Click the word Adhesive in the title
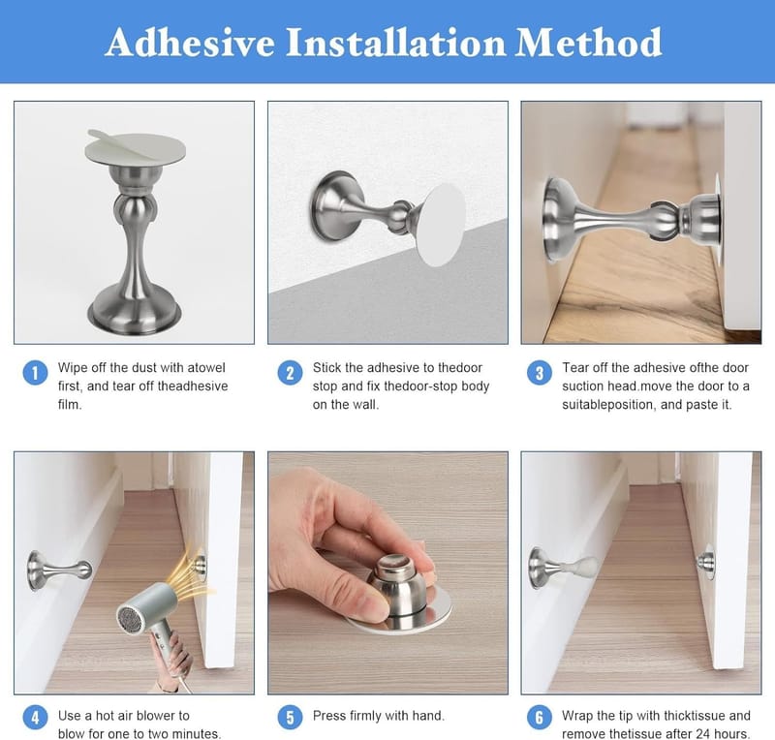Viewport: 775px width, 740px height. (190, 43)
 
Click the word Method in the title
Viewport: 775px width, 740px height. (588, 43)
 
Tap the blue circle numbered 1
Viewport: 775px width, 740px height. (35, 372)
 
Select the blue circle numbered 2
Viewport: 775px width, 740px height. (290, 372)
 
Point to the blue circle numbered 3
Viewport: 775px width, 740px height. (540, 372)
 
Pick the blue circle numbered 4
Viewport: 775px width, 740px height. (35, 718)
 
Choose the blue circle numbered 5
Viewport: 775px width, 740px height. (290, 718)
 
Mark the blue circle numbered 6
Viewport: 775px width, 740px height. (540, 718)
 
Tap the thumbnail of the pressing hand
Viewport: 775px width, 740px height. (388, 572)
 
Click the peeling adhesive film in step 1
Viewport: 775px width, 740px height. (136, 149)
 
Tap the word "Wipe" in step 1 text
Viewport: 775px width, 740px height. (74, 368)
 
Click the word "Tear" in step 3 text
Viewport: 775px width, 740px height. (575, 368)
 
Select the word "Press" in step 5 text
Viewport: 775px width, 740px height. (328, 715)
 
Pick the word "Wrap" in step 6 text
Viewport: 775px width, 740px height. (577, 715)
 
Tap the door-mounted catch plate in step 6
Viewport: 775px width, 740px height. (707, 562)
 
